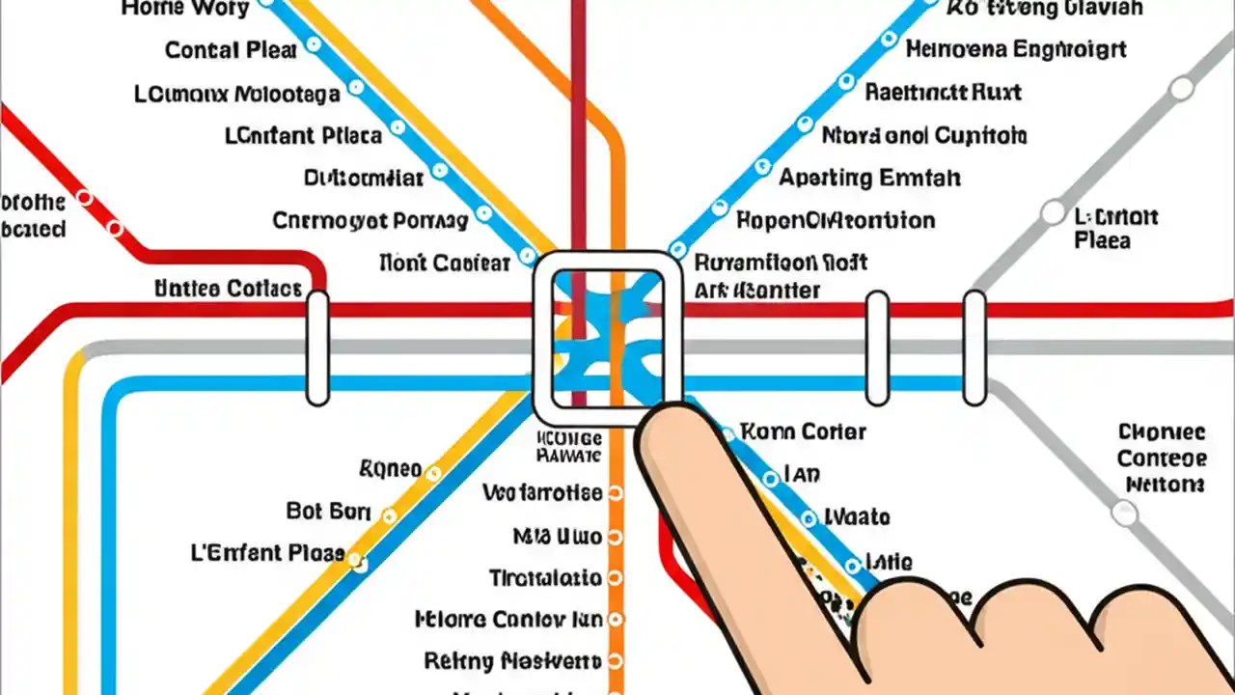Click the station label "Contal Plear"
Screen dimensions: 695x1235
231,50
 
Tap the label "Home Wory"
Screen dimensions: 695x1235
185,9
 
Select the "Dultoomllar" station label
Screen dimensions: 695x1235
364,179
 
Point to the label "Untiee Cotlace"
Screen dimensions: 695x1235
228,289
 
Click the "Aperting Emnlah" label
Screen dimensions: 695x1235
869,179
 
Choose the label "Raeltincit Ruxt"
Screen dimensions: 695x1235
943,93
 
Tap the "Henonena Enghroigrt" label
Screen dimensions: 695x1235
1016,49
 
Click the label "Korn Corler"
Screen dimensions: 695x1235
803,431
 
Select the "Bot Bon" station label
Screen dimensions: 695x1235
328,512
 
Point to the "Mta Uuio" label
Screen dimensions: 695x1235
558,536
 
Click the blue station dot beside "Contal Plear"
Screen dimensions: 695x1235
313,45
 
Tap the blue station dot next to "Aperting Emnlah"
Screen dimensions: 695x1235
762,166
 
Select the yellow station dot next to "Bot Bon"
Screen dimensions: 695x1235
389,516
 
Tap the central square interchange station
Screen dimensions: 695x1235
608,338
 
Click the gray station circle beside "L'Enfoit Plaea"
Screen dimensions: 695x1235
1051,212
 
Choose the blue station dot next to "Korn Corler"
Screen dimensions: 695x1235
728,434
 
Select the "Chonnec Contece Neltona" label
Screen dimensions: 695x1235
1163,459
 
